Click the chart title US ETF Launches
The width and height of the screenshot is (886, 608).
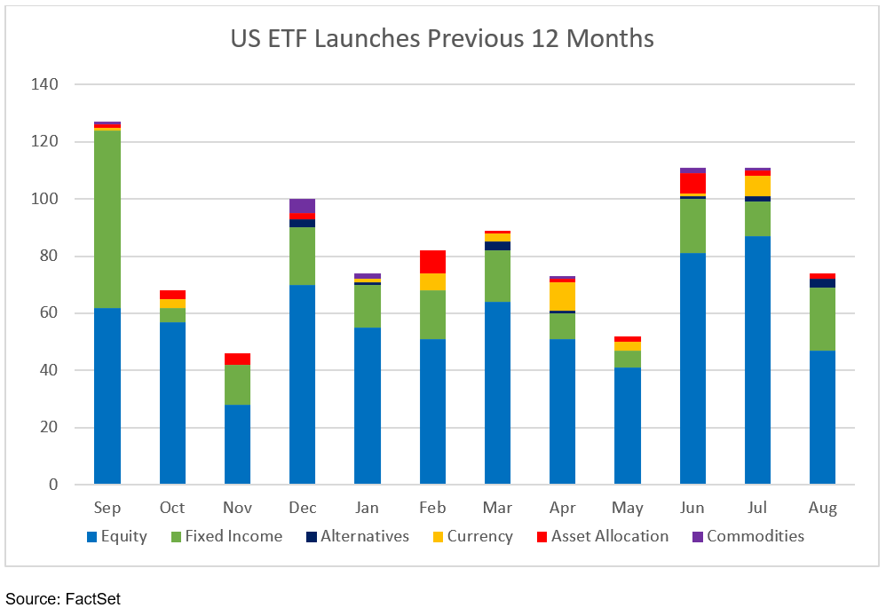442,39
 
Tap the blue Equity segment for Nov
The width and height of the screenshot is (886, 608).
237,445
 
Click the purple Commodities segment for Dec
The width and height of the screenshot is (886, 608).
302,206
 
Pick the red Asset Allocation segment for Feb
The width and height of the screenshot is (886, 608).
432,262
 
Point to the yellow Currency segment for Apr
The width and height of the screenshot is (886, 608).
562,296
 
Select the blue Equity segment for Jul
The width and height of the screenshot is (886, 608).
757,360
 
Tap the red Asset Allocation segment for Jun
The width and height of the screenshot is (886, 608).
692,183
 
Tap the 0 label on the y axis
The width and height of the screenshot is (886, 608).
52,485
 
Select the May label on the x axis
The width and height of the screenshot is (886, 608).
628,509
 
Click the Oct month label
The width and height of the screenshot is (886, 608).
172,509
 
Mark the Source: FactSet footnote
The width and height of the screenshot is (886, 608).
63,598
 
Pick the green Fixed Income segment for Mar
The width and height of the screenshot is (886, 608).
497,276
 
